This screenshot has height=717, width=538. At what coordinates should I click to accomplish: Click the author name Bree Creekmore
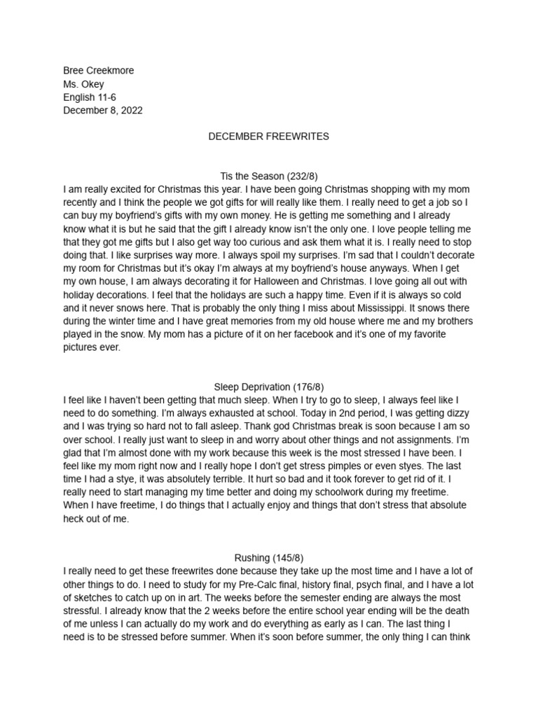click(x=98, y=71)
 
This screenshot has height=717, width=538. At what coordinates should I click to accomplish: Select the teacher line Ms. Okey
click(x=83, y=84)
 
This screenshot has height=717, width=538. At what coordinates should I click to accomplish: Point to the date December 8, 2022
click(x=104, y=111)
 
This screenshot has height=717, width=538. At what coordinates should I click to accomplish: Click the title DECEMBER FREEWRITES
click(x=269, y=137)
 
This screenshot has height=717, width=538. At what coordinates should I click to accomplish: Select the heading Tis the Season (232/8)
click(x=269, y=176)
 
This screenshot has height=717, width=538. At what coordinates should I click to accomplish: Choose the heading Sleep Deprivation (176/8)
click(x=269, y=387)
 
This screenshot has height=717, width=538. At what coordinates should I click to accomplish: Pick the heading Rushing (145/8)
click(x=269, y=558)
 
